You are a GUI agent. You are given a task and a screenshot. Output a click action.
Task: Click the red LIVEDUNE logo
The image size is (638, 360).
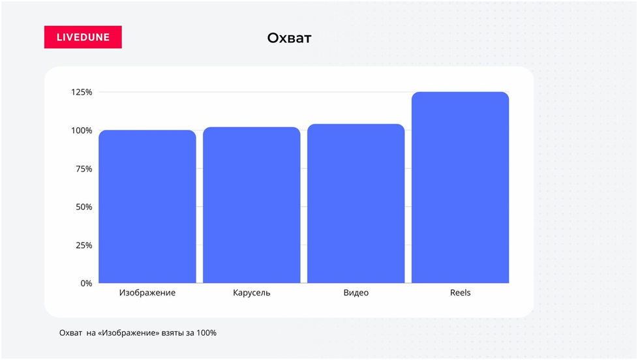(x=83, y=37)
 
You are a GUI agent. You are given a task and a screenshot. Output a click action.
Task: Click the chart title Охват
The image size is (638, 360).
(x=289, y=38)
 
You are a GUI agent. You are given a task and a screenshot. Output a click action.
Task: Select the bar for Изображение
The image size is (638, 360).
(x=147, y=207)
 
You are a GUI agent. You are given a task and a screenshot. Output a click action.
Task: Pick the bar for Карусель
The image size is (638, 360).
(x=251, y=205)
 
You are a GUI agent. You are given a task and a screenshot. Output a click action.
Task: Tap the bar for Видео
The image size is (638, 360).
(x=356, y=203)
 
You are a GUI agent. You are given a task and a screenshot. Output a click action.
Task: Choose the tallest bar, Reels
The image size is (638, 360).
(x=460, y=188)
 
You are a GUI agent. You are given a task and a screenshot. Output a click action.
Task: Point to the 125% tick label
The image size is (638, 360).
(x=82, y=93)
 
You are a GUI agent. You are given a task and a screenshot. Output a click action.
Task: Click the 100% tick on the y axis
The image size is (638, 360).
(x=82, y=130)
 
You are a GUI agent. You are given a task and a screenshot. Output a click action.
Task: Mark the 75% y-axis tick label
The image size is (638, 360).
(x=84, y=169)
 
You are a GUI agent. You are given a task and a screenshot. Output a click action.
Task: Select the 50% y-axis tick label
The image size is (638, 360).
(x=84, y=207)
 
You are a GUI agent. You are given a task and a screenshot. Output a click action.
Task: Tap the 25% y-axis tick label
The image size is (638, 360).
(x=84, y=245)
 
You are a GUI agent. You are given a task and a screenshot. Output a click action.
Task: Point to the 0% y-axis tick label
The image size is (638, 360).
(x=86, y=284)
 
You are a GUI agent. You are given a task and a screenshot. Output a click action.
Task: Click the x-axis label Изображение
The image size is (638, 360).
(x=147, y=293)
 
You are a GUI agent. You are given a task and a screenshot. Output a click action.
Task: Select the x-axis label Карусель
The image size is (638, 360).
(x=251, y=293)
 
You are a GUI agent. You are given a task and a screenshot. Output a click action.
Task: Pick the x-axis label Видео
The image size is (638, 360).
(x=356, y=293)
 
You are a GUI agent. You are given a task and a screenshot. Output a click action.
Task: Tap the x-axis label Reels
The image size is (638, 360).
(x=460, y=293)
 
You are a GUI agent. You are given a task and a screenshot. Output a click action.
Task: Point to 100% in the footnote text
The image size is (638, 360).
(x=207, y=333)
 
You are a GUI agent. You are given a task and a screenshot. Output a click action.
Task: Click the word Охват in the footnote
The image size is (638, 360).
(x=71, y=333)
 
